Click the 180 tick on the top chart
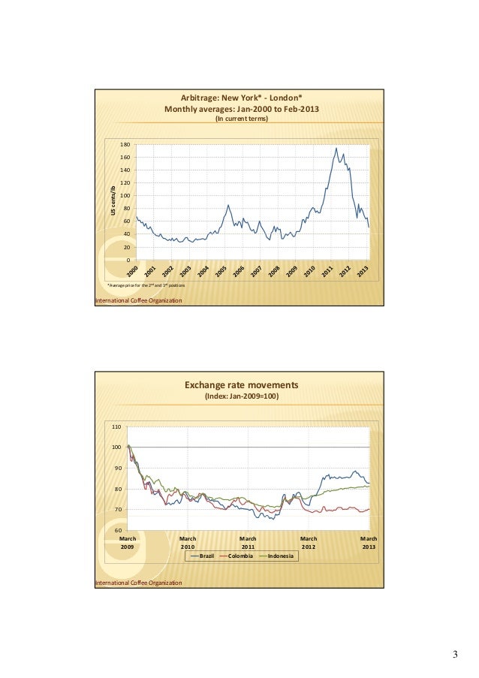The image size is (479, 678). pyautogui.click(x=125, y=144)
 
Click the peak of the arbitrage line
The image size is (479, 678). pyautogui.click(x=336, y=148)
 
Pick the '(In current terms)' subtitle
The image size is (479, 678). pyautogui.click(x=241, y=119)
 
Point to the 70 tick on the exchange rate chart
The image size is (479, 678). pyautogui.click(x=117, y=510)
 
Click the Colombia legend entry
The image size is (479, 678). pyautogui.click(x=243, y=556)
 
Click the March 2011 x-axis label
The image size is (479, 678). pyautogui.click(x=248, y=542)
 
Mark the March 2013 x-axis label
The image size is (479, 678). pyautogui.click(x=369, y=542)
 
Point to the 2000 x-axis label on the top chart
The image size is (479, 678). pyautogui.click(x=132, y=270)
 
